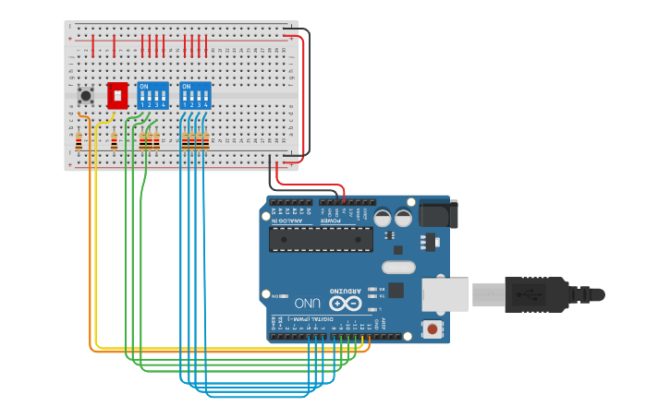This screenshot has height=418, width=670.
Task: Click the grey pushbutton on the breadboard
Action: (x=86, y=95)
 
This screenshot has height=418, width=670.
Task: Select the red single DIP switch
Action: (x=117, y=96)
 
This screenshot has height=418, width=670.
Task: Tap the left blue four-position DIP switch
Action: (x=152, y=96)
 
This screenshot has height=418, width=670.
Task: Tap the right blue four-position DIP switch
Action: (x=195, y=96)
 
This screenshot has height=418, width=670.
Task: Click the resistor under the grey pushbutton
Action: (x=79, y=141)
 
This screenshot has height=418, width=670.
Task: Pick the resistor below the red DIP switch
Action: (x=114, y=141)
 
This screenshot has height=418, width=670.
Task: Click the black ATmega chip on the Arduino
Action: (x=321, y=239)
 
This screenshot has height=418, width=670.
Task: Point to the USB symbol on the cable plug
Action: (x=523, y=295)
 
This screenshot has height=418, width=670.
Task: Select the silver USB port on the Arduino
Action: (x=445, y=294)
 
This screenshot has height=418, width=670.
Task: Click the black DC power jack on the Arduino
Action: (x=437, y=214)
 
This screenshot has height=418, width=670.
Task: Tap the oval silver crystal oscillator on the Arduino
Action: (x=398, y=268)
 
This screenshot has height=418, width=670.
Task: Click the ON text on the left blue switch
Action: (x=143, y=87)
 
